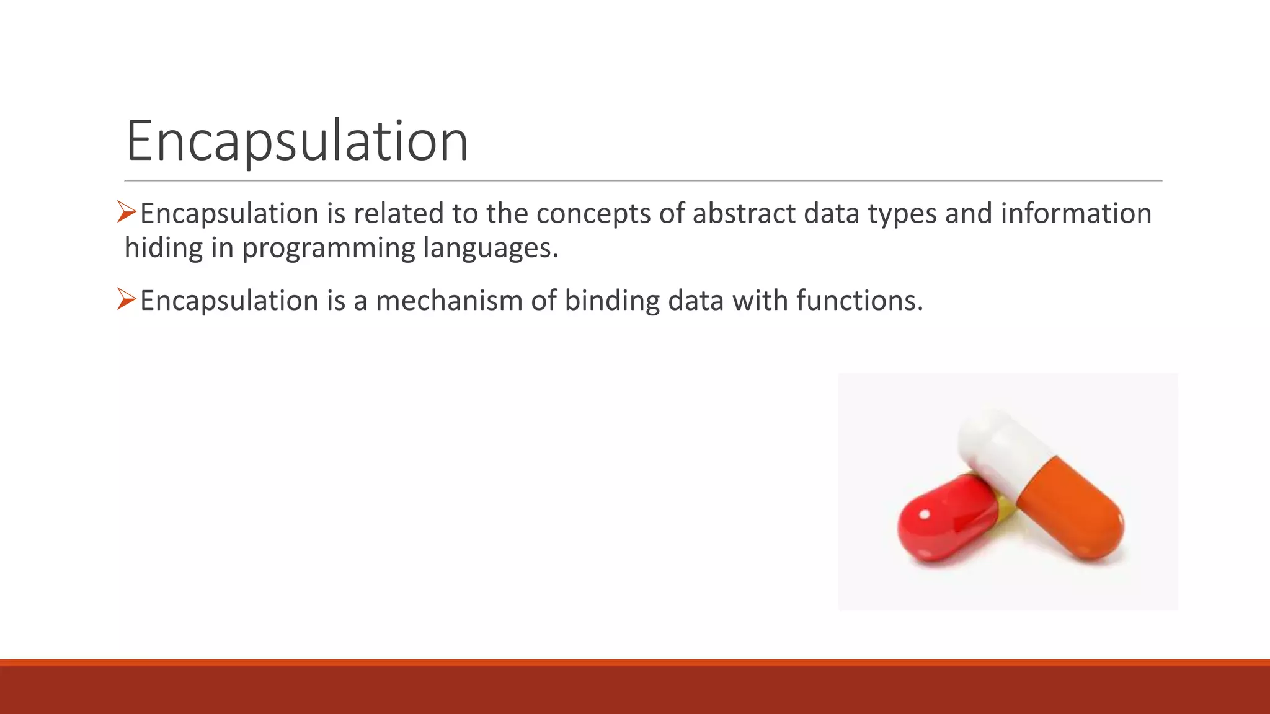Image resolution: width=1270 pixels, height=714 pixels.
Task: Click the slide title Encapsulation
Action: (x=296, y=141)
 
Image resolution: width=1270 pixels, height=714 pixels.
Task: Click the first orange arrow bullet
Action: (x=127, y=213)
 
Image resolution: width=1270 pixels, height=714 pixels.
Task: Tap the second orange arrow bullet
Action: (x=127, y=299)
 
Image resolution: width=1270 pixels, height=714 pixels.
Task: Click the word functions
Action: (x=859, y=301)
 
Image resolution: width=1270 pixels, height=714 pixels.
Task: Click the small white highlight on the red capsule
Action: (x=924, y=514)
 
